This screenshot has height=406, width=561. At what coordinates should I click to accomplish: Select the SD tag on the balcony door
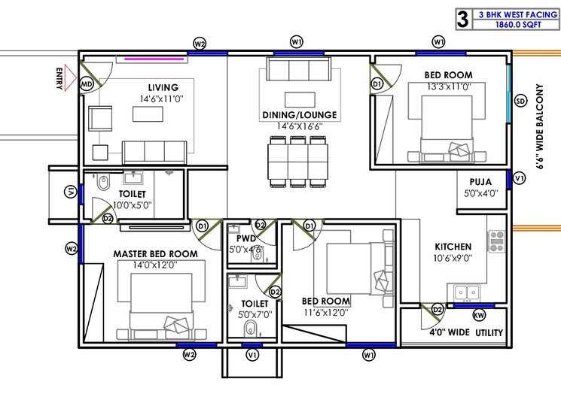520,101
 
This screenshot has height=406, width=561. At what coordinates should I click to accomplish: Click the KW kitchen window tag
480,316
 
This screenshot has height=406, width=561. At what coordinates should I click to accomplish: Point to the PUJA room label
481,181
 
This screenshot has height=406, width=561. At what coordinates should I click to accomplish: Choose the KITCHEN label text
453,247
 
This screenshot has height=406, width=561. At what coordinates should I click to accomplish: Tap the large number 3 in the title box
462,18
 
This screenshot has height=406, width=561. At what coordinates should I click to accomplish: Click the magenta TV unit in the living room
156,58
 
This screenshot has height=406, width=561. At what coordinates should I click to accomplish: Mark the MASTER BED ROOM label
156,254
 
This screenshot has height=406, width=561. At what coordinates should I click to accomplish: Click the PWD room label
245,238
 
